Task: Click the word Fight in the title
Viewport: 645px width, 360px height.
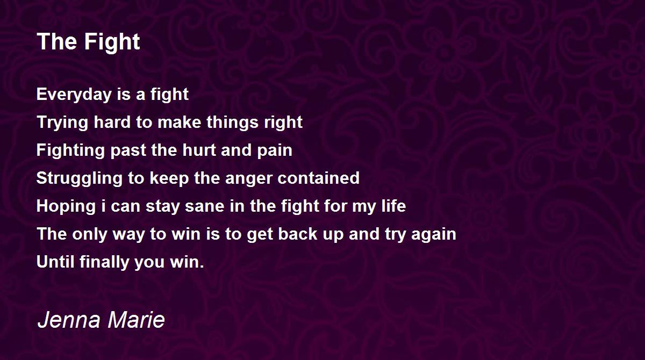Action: pos(112,42)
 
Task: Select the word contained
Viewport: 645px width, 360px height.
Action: pos(318,178)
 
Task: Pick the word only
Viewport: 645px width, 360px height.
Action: pos(90,234)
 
